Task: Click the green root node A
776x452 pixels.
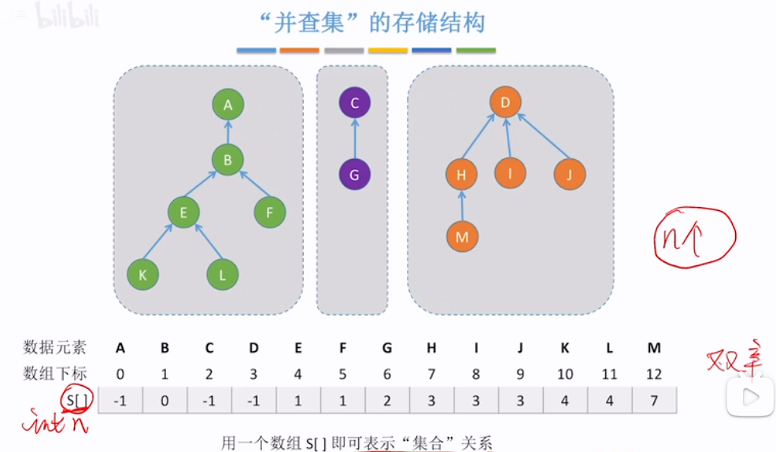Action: coord(228,105)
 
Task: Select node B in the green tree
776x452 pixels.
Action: coord(227,161)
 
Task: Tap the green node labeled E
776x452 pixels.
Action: coord(183,212)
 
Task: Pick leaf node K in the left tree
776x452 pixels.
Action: coord(142,274)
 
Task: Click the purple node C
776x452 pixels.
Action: coord(354,103)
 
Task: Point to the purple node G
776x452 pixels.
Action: coord(354,175)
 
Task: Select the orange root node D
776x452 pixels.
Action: coord(505,102)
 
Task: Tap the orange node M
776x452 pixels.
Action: coord(462,236)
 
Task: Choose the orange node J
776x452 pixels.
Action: coord(569,174)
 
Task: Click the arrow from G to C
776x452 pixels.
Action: coord(354,139)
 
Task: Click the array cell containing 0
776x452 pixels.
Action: coord(165,399)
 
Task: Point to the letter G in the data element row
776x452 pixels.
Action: coord(387,347)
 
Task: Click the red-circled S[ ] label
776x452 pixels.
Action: coord(77,399)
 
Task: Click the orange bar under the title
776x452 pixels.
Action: coord(300,50)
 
